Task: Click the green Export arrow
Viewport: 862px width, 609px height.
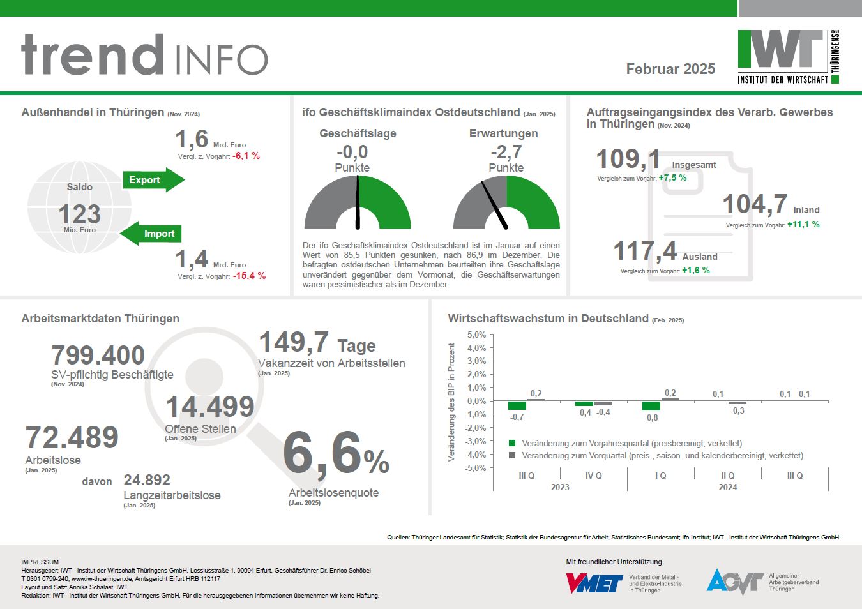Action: coord(153,180)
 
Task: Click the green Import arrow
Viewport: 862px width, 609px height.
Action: coord(152,234)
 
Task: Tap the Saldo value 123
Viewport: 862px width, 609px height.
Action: coord(80,214)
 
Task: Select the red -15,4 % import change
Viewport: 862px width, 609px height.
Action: coord(249,276)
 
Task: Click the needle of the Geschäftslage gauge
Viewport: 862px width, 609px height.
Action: coord(358,201)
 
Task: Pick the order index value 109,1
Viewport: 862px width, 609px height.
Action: coord(628,159)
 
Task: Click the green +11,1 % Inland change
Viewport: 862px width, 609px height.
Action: coord(803,224)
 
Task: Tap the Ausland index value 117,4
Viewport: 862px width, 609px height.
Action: coord(645,251)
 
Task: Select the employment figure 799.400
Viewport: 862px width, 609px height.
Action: coord(98,355)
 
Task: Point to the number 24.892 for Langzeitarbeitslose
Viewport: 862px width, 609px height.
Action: coord(147,480)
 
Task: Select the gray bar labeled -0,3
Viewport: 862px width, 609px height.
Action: coord(737,403)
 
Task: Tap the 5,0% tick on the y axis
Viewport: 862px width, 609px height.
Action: coord(476,335)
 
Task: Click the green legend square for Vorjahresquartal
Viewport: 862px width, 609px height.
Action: coord(511,443)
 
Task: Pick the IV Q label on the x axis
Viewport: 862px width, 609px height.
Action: coord(594,476)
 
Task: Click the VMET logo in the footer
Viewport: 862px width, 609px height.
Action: coord(594,583)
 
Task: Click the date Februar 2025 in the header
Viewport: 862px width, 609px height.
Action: coord(670,69)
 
